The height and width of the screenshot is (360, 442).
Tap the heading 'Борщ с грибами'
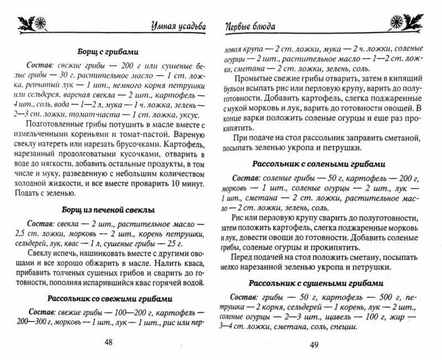click(109, 51)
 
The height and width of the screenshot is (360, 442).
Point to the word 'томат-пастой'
click(151, 134)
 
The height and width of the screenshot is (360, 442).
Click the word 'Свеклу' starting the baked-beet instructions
click(40, 255)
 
